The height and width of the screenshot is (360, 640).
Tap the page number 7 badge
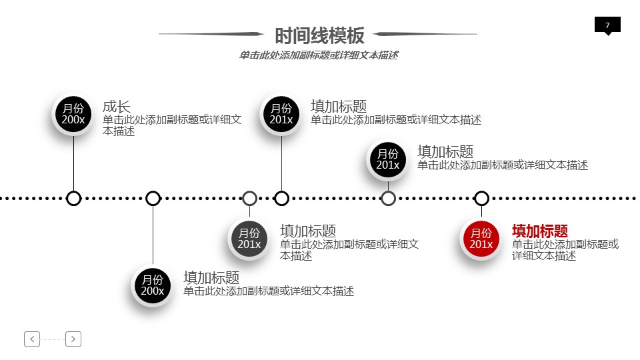point(607,25)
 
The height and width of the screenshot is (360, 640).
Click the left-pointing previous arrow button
point(32,339)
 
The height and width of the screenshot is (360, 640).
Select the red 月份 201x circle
point(481,239)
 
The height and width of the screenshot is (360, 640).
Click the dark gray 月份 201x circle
point(249,239)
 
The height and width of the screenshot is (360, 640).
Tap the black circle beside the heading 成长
point(73,114)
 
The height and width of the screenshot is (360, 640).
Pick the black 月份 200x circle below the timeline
point(153,285)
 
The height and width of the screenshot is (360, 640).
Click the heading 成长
point(116,106)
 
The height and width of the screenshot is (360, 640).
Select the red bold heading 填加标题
point(540,231)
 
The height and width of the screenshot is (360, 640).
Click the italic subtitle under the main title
point(319,55)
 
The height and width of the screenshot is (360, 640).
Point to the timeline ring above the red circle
point(481,198)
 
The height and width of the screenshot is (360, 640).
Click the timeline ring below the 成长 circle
point(74,198)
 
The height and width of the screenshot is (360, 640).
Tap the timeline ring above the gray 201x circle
point(249,198)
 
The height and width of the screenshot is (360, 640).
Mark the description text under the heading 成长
point(172,125)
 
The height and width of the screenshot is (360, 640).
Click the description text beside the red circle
point(565,249)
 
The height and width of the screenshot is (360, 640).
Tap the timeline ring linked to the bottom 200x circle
point(153,198)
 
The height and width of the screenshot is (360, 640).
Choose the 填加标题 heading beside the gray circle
point(308,231)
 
